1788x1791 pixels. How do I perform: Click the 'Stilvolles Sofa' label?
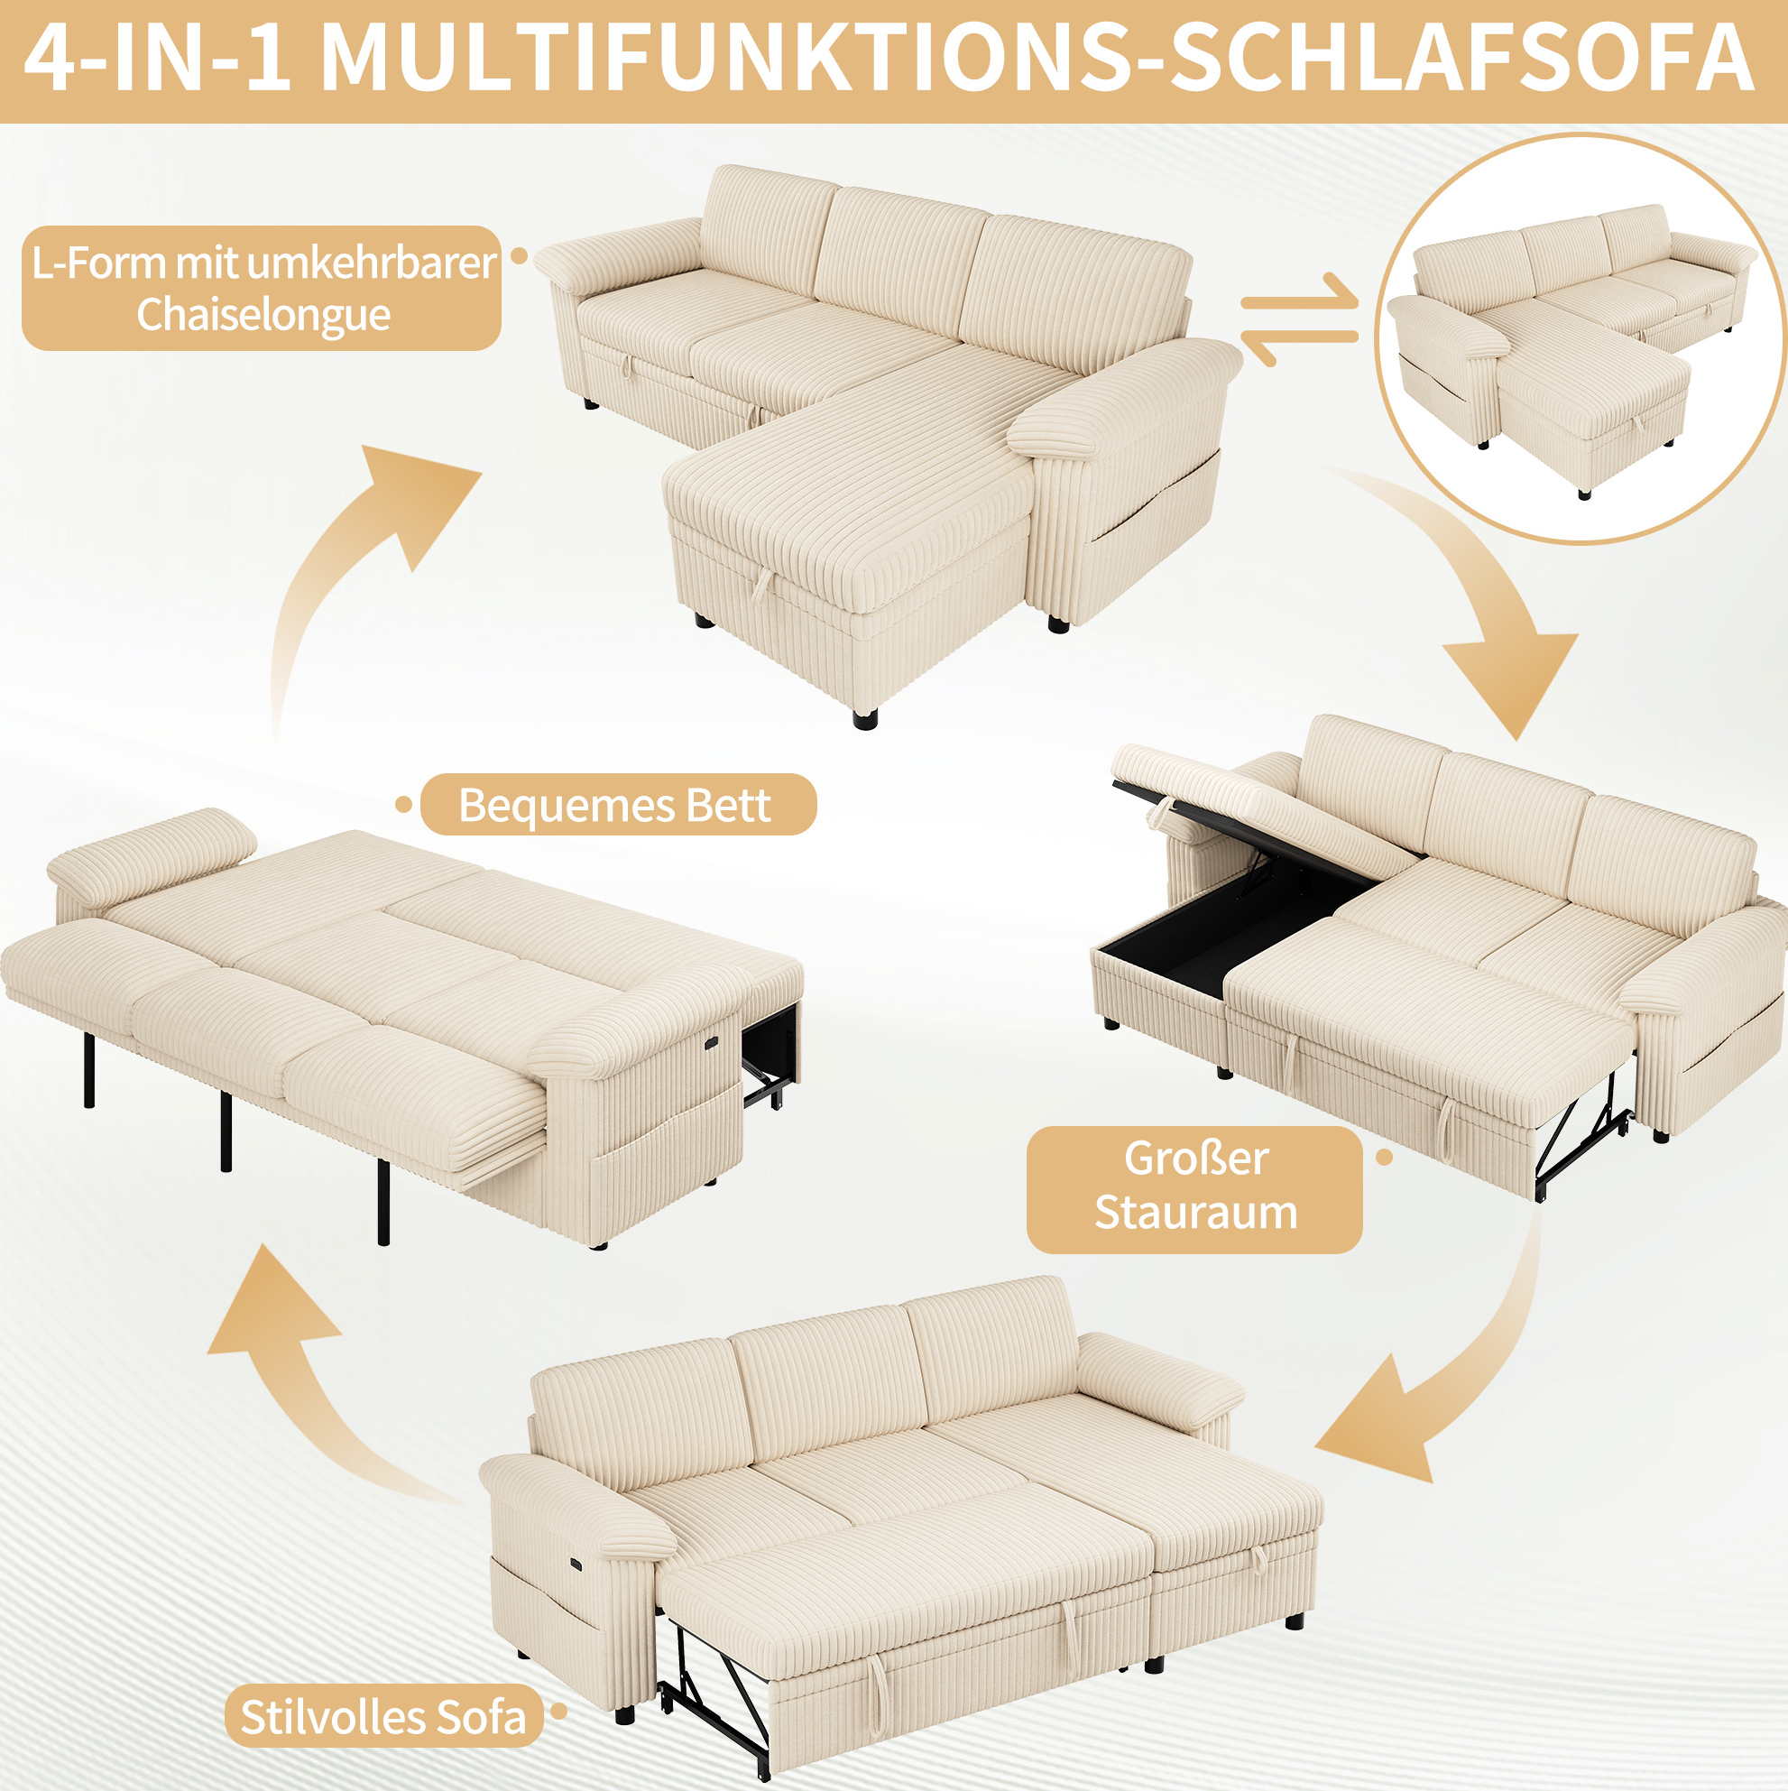point(383,1717)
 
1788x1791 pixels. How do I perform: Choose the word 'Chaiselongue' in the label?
point(263,315)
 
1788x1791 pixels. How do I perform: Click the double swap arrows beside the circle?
point(1300,319)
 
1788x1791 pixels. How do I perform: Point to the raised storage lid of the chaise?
point(1251,807)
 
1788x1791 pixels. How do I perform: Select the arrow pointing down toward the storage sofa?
point(1474,594)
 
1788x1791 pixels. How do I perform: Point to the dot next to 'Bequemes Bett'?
point(403,805)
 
